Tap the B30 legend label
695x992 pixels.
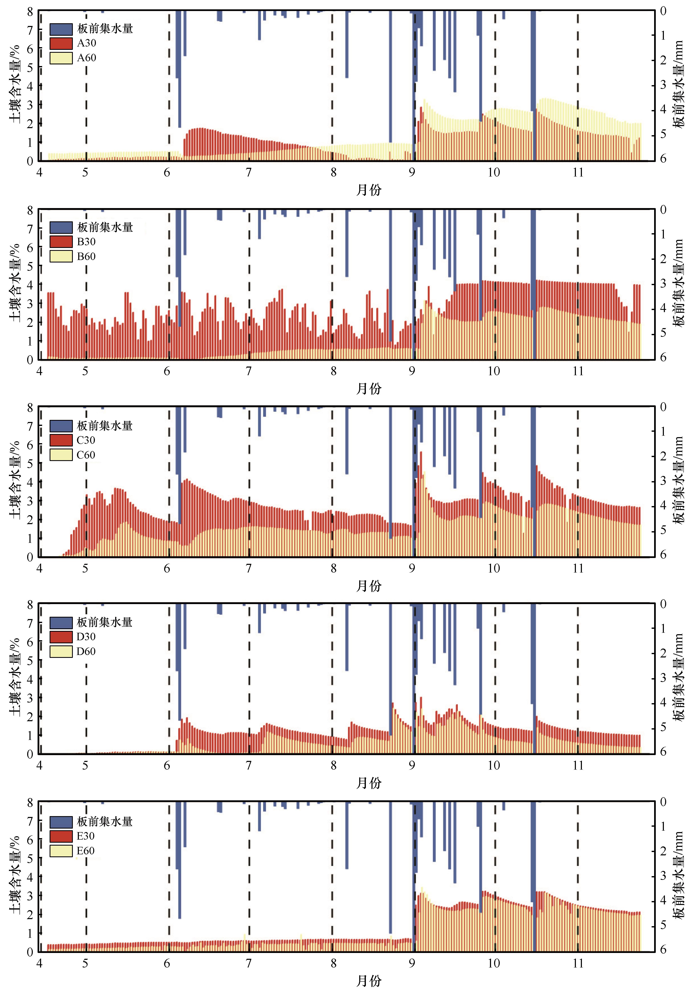click(86, 242)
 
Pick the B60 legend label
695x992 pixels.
click(86, 256)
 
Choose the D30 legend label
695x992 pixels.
click(86, 636)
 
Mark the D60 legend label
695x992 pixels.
click(86, 651)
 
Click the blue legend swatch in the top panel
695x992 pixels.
click(61, 28)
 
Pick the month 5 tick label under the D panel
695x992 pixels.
click(86, 766)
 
